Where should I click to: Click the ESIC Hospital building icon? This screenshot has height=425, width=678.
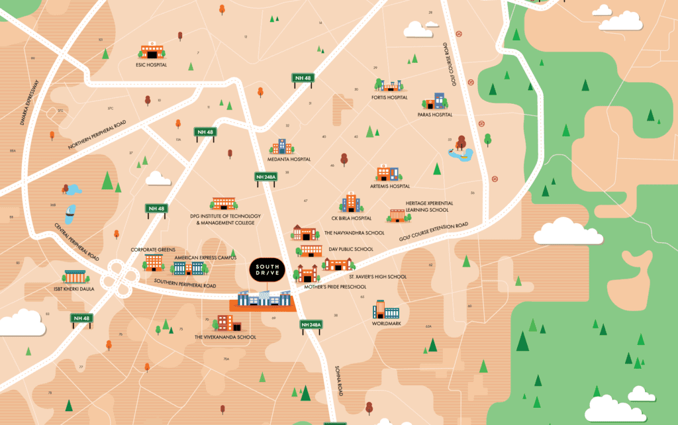[152, 51]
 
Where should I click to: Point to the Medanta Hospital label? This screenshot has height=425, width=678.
[290, 160]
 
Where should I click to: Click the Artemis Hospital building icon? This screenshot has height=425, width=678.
[385, 173]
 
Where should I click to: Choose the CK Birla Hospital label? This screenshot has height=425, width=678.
[352, 218]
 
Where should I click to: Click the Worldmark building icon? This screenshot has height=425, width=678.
[385, 310]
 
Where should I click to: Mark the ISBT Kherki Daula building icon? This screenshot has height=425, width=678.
[75, 277]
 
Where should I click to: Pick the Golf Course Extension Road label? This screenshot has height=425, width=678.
[434, 232]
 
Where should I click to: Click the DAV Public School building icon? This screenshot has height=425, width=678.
[311, 250]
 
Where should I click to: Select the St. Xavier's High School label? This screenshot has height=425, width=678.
[377, 276]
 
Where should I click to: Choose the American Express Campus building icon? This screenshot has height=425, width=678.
[189, 267]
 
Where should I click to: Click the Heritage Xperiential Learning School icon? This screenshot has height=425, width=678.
[397, 215]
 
